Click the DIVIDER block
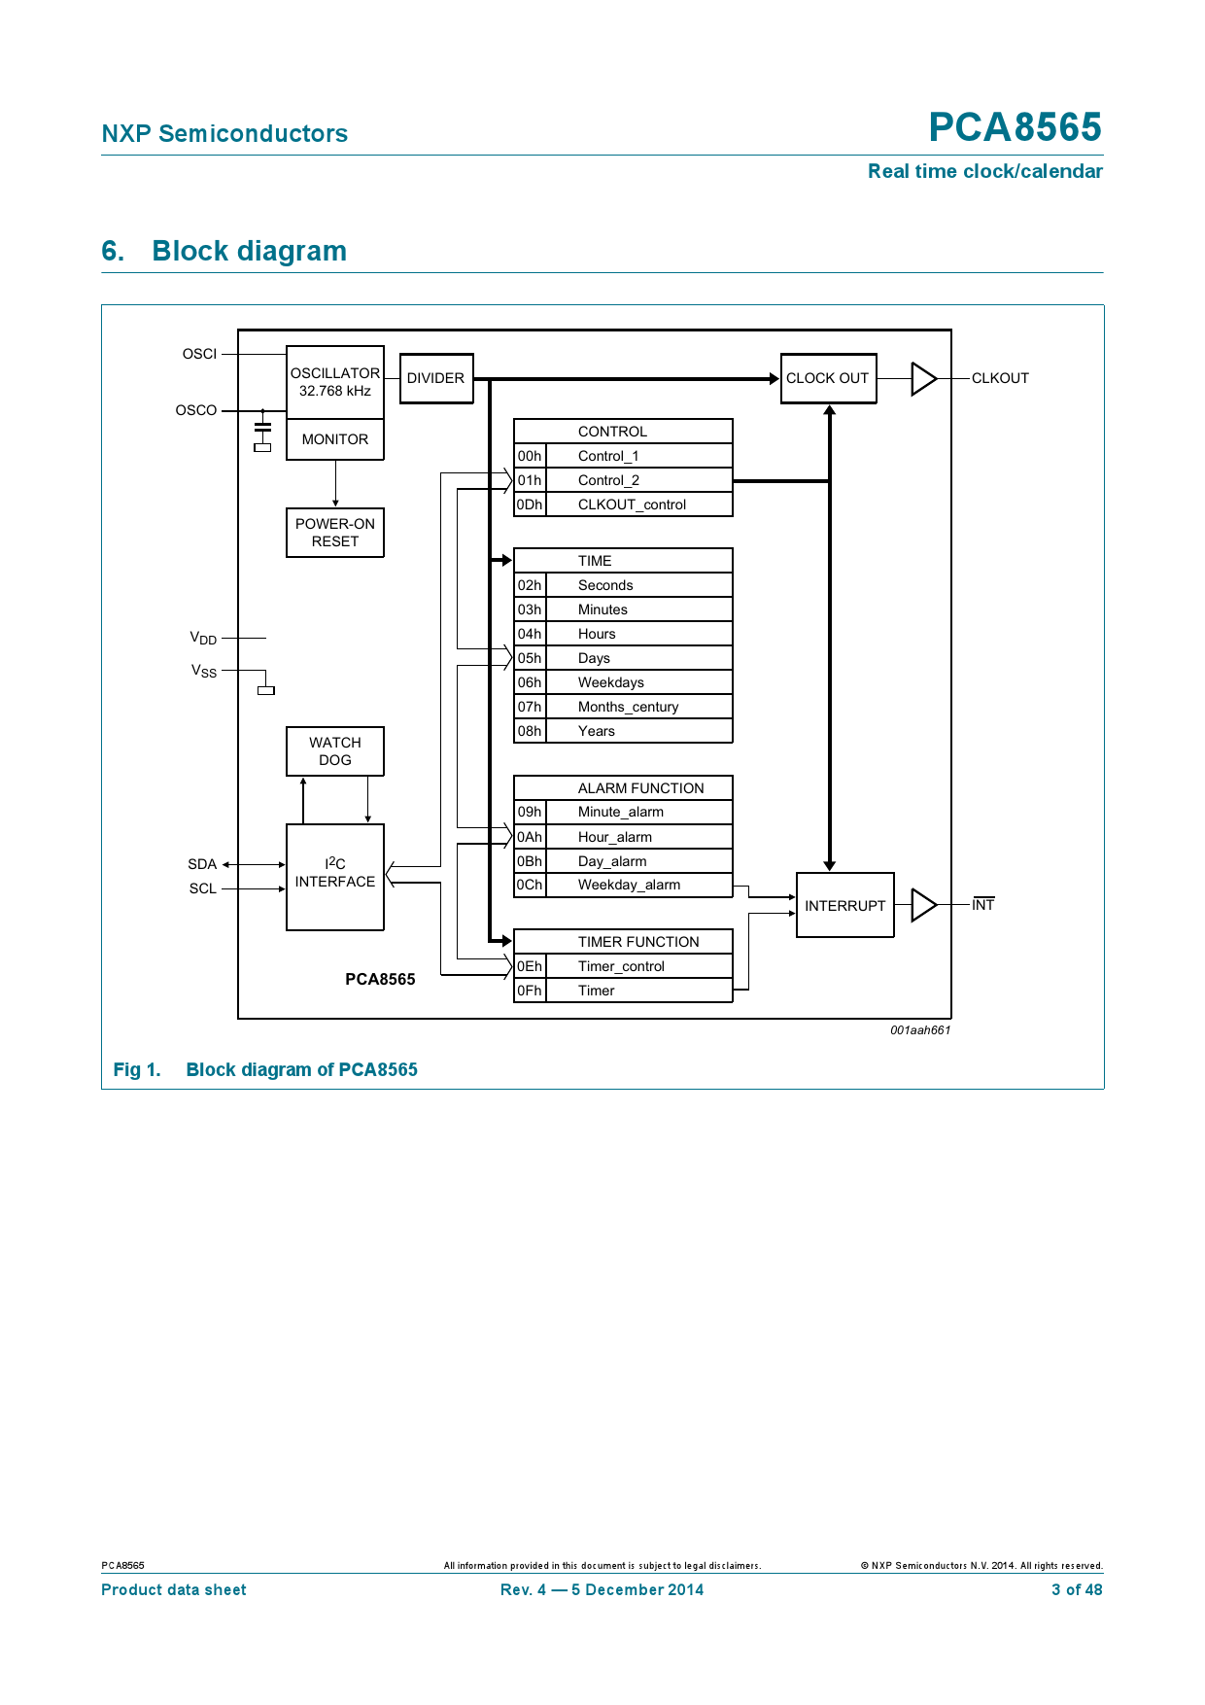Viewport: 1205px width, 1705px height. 436,378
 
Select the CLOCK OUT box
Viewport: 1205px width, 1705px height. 828,378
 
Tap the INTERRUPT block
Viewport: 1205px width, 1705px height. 844,905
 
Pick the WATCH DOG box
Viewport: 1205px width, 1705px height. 335,751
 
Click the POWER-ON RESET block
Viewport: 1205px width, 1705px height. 335,533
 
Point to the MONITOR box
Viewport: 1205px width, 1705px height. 335,439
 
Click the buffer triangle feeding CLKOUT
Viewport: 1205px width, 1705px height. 923,379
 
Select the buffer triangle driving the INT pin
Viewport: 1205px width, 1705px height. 923,905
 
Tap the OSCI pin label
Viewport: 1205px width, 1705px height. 199,354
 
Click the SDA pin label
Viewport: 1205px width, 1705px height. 202,864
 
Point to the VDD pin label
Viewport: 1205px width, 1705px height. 203,639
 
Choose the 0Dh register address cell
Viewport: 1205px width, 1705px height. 530,505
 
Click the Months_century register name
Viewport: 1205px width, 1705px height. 628,707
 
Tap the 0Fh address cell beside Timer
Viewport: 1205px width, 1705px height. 530,991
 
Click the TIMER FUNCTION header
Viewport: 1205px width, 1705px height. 637,942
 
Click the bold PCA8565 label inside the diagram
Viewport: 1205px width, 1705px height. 380,979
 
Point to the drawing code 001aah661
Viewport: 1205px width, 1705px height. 920,1030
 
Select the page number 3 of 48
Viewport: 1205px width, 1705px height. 1077,1590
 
